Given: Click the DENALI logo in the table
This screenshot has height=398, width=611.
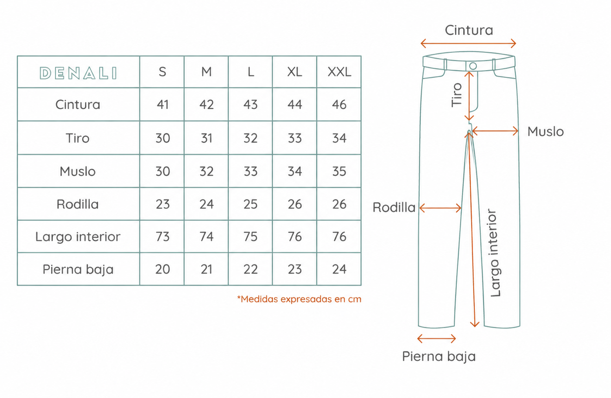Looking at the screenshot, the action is [x=78, y=73].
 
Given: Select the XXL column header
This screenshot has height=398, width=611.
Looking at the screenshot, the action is [x=339, y=72].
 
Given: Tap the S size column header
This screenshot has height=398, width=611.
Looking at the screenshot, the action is [x=162, y=72].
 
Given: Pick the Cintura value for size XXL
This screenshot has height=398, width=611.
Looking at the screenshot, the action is [x=339, y=105].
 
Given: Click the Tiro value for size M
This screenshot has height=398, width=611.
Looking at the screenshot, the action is [x=207, y=138].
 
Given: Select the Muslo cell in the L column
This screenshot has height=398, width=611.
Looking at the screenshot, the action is [x=250, y=171].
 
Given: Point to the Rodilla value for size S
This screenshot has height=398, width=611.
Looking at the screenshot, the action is [x=163, y=204].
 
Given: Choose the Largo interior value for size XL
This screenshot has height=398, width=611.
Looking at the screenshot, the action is [x=295, y=236].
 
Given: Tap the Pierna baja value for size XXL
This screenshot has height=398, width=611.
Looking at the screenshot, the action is [x=339, y=269].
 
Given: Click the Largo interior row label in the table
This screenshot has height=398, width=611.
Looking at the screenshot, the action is [x=78, y=237].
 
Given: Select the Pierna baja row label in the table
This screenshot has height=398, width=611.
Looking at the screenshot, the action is [x=78, y=269].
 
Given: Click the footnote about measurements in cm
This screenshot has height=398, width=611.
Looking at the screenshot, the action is [x=299, y=299].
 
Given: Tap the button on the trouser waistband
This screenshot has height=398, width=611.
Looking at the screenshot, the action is [x=473, y=66].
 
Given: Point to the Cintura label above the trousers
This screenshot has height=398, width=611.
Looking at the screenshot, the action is [x=469, y=30].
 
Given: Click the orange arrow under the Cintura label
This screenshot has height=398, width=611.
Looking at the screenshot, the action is [x=468, y=43].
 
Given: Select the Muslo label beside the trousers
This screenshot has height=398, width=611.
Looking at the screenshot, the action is [x=545, y=132].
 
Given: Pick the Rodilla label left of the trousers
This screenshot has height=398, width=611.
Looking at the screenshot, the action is [x=394, y=207].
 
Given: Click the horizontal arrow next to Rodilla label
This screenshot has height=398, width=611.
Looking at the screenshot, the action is [x=440, y=208].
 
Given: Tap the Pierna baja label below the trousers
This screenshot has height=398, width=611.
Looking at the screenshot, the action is [x=439, y=356].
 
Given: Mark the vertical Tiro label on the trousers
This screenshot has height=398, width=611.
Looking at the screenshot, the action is [x=457, y=95].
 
